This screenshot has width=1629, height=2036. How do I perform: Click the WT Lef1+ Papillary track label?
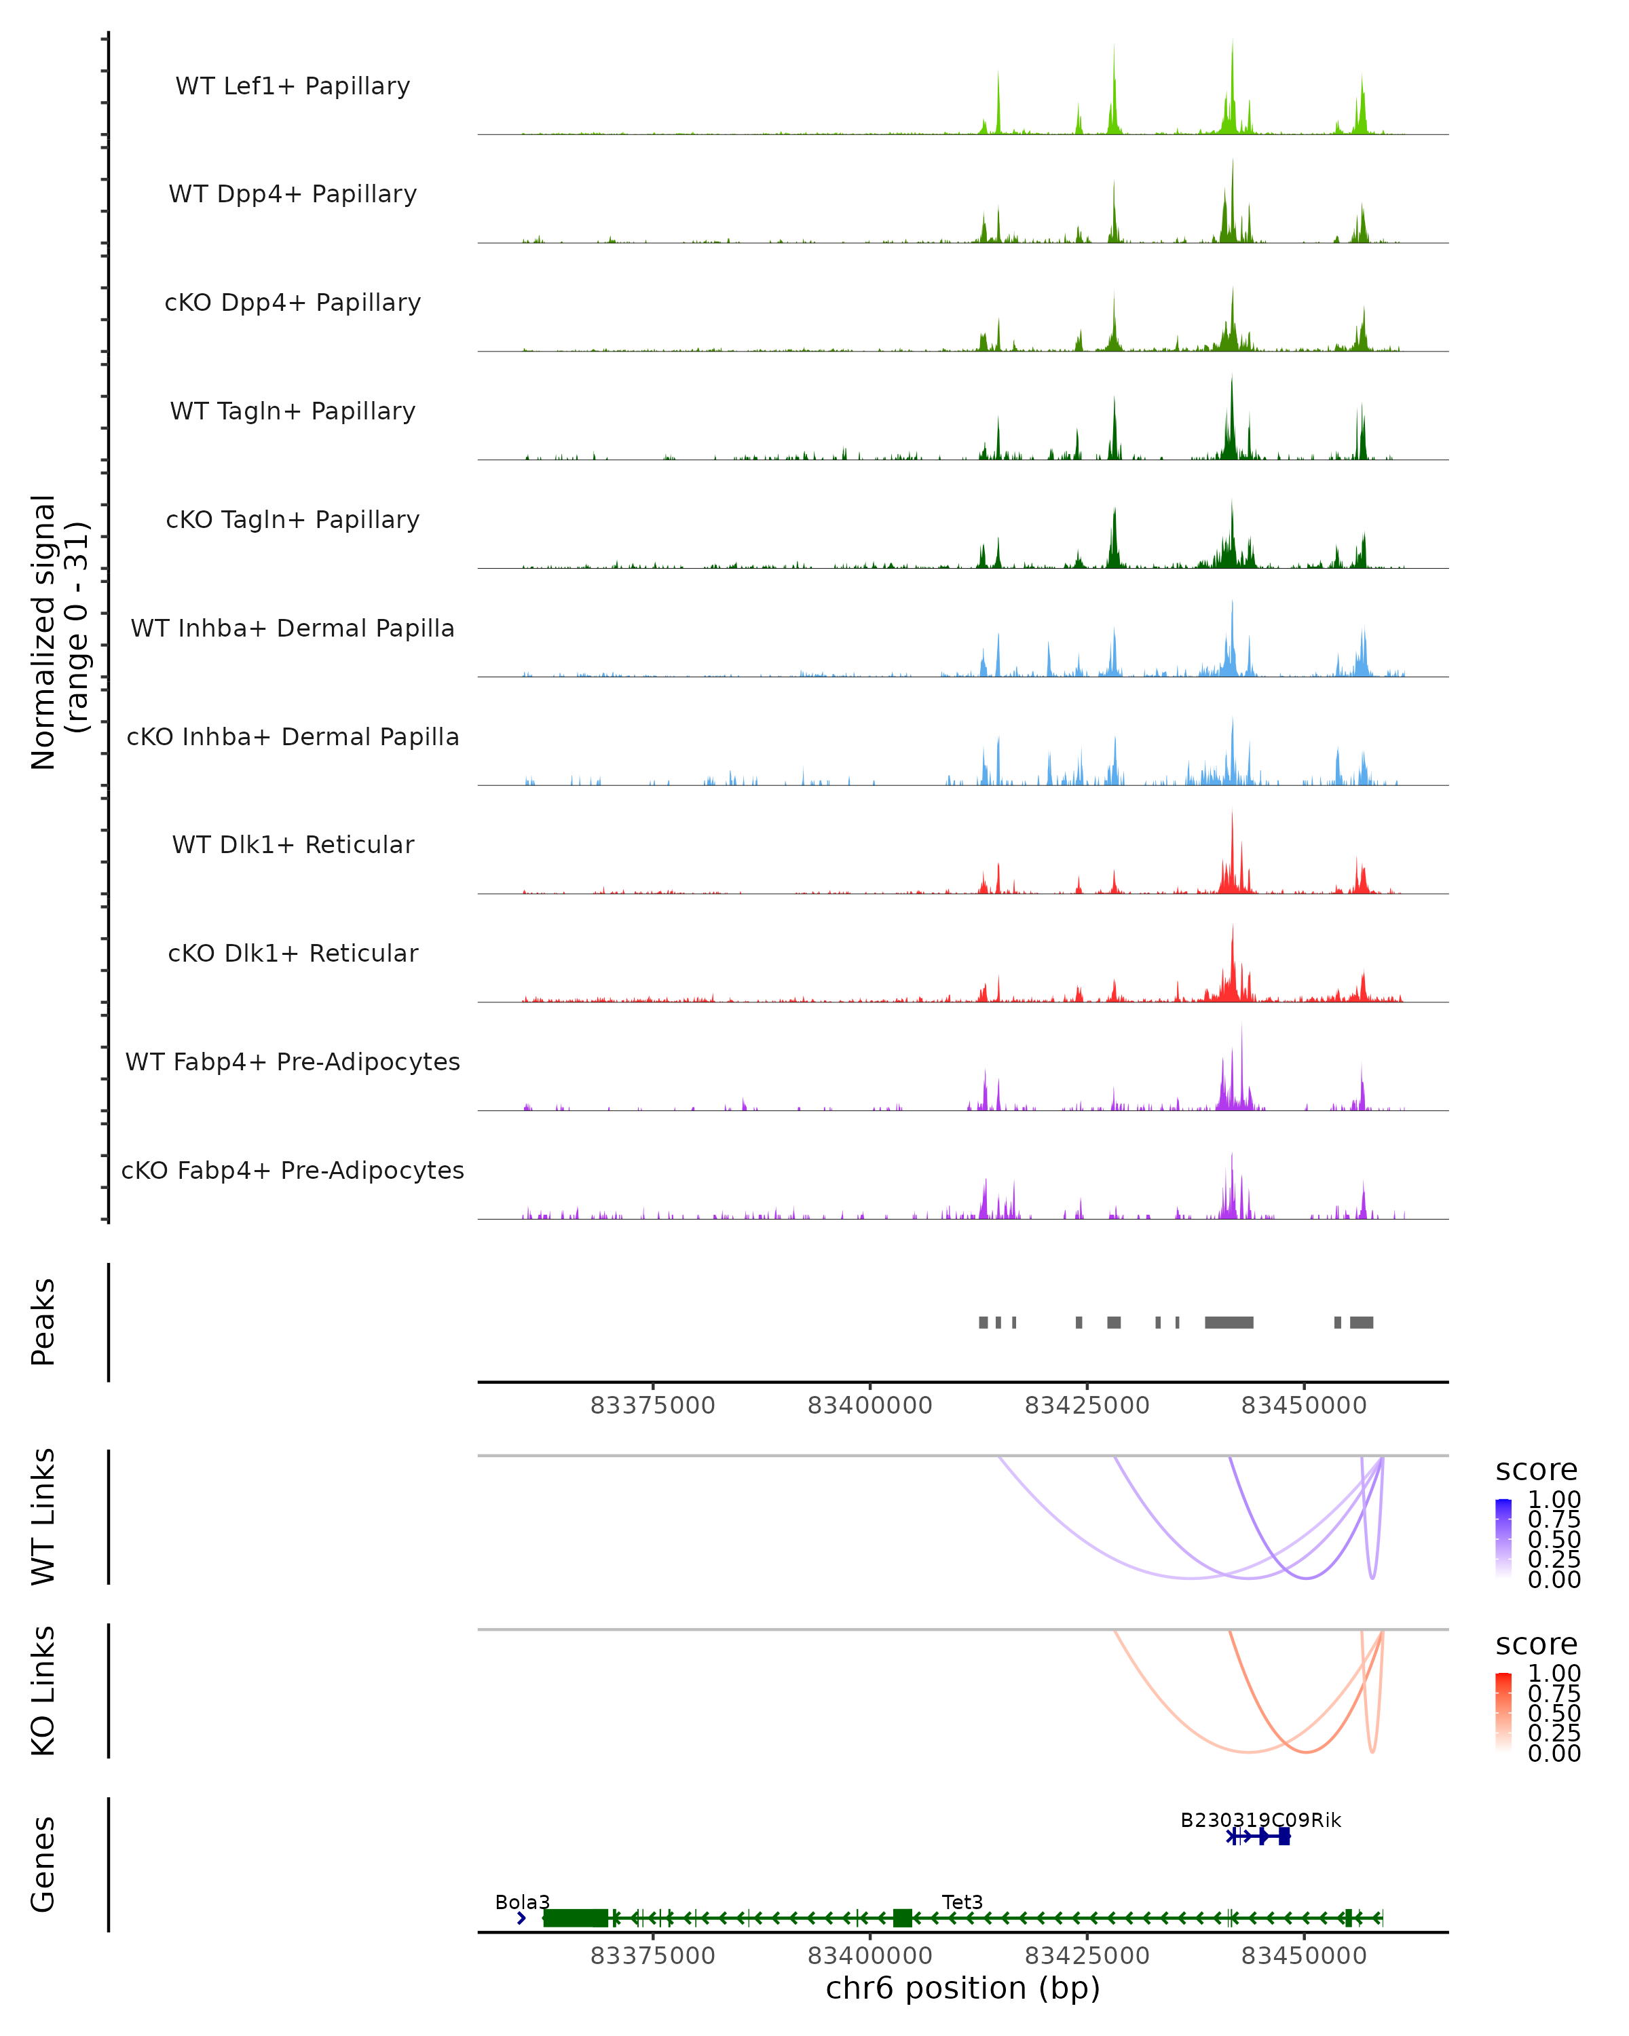pos(293,86)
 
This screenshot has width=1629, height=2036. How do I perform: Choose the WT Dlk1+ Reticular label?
pos(293,844)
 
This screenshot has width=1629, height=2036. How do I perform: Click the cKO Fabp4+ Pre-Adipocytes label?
pos(293,1170)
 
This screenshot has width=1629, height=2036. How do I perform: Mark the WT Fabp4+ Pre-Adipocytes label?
pos(293,1061)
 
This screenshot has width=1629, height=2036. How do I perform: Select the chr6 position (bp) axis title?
pos(962,1988)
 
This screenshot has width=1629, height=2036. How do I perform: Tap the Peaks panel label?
pos(43,1322)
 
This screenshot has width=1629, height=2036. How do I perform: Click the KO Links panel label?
pos(43,1691)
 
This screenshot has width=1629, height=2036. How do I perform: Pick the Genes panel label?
pos(43,1864)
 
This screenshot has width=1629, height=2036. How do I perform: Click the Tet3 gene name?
pos(962,1902)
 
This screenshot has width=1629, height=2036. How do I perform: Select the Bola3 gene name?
pos(522,1902)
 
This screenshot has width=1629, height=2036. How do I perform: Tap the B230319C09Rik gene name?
pos(1260,1820)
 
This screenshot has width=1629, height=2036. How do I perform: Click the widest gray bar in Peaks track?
pos(1229,1322)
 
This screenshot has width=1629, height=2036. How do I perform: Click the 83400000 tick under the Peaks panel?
pos(869,1406)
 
